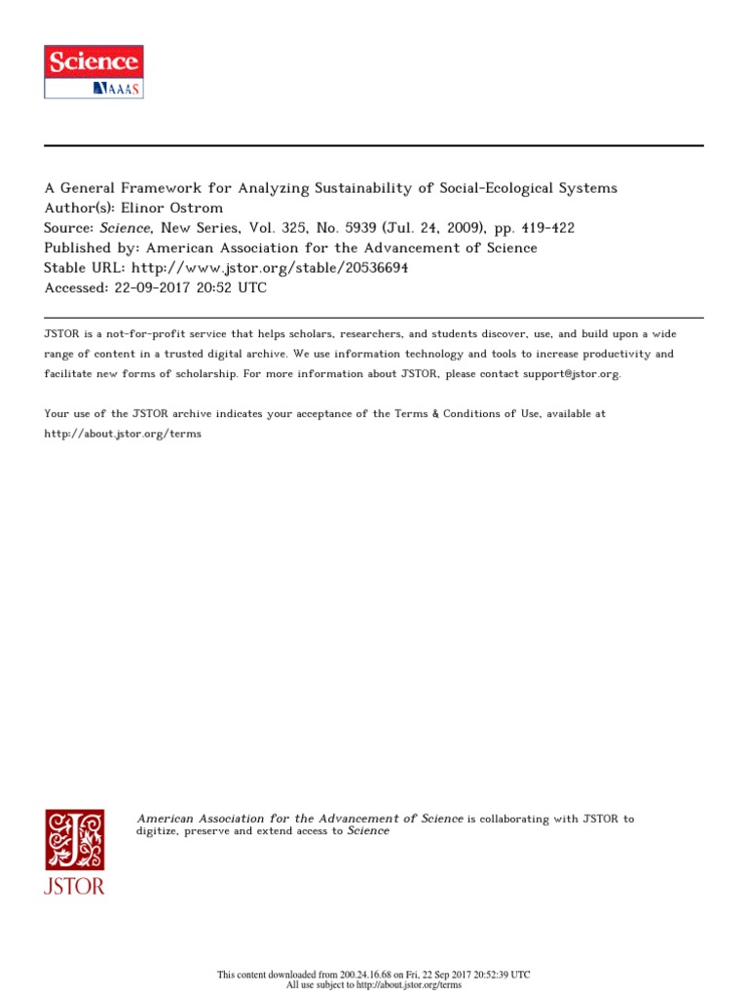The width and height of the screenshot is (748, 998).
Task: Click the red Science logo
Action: point(93,62)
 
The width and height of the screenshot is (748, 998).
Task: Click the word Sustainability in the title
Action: point(373,188)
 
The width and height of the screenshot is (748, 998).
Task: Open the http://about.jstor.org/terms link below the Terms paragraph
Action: point(123,434)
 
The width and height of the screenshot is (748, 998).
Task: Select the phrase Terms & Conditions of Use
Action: point(467,414)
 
